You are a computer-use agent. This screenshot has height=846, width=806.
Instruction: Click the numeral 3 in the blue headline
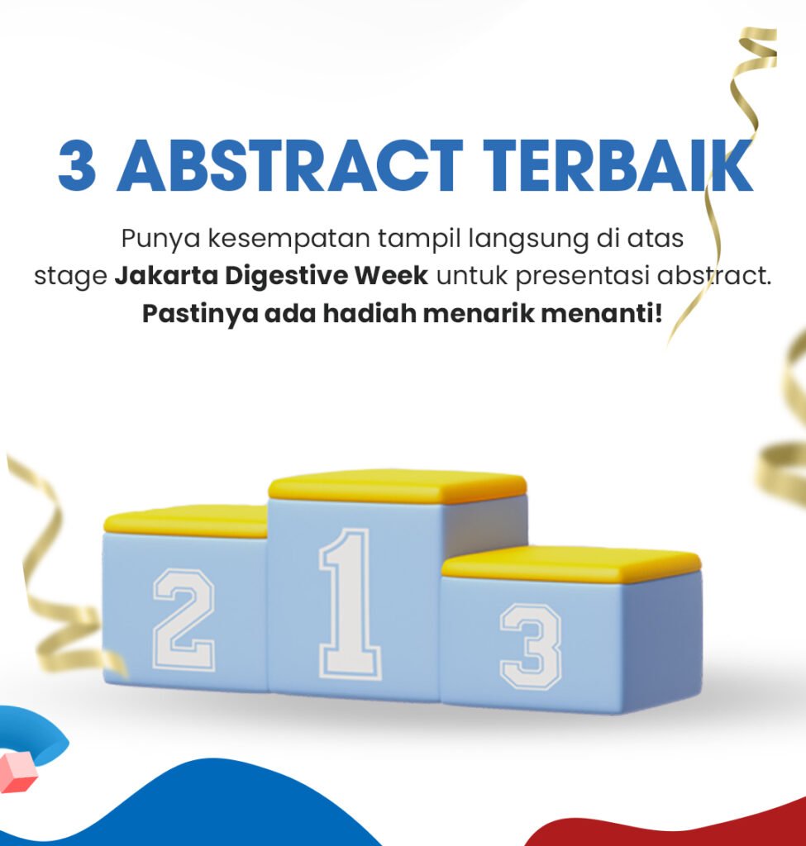click(78, 165)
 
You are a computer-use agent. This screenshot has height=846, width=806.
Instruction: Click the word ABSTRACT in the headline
click(290, 165)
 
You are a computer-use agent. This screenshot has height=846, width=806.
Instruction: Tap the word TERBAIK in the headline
click(618, 165)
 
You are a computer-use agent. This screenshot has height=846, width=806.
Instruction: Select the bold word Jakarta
click(166, 276)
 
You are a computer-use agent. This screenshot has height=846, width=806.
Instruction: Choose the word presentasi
click(582, 277)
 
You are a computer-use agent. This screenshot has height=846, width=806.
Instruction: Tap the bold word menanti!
click(601, 313)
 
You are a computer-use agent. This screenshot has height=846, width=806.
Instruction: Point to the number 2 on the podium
click(184, 620)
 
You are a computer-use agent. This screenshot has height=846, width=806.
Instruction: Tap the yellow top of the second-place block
click(186, 521)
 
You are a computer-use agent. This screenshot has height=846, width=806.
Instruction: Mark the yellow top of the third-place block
click(571, 563)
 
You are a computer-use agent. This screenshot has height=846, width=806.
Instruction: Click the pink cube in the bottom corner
click(17, 772)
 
